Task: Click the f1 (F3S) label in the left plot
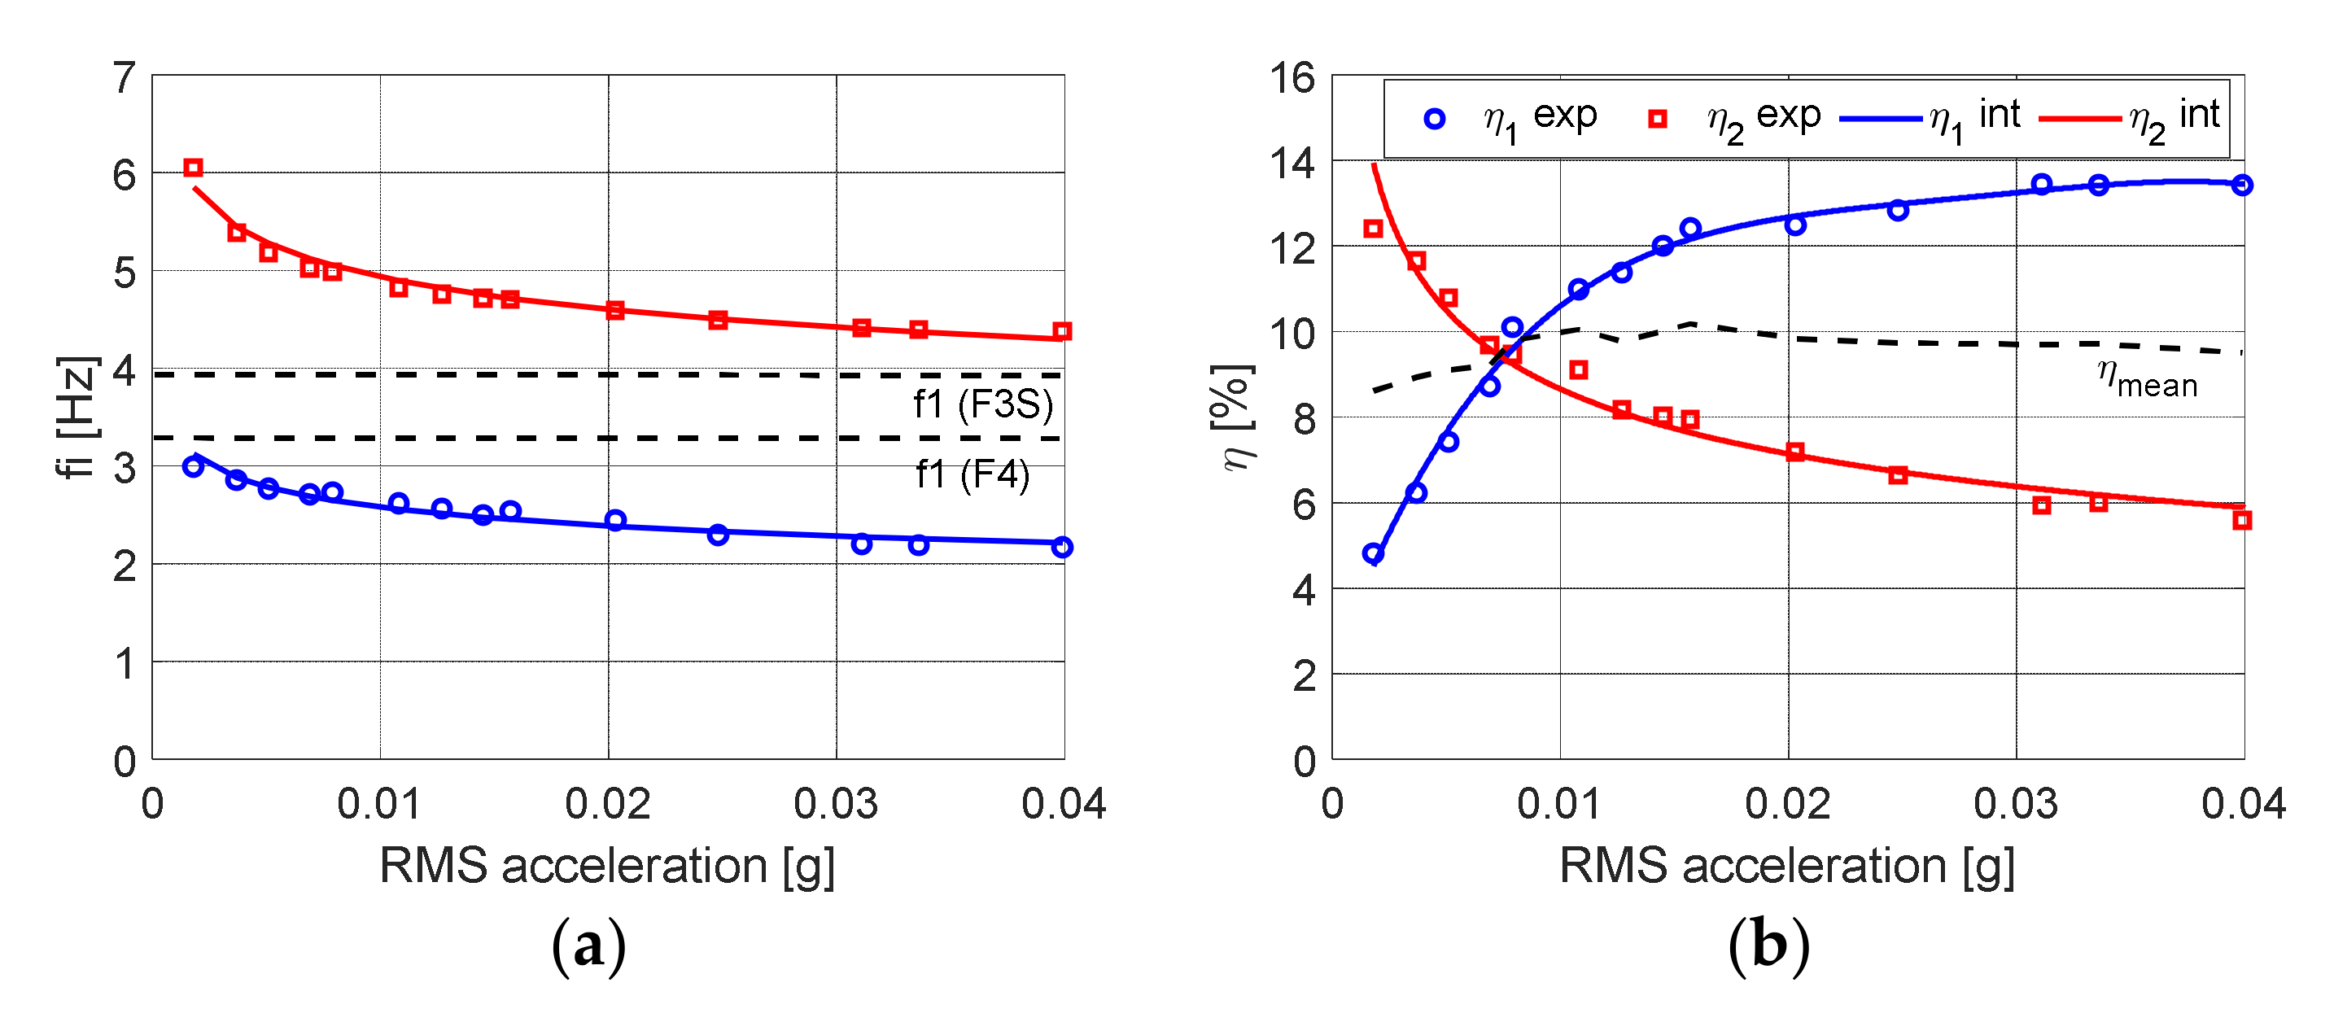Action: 983,404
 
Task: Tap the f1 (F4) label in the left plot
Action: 972,474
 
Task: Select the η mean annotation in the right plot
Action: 2148,378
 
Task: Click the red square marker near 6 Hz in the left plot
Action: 193,168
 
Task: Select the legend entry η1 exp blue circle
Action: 1434,119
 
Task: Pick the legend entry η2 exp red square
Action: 1657,119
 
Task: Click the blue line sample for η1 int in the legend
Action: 1880,119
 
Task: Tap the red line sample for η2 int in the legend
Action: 2080,119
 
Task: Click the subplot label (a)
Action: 589,946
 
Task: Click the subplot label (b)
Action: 1768,946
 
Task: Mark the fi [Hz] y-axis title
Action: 77,417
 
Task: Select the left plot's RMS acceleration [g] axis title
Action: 607,865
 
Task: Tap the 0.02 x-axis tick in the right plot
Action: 1788,804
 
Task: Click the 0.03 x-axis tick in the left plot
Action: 836,804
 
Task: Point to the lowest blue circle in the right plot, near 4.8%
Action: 1373,553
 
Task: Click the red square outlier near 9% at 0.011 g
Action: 1578,369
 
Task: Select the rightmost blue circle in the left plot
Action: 1062,547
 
